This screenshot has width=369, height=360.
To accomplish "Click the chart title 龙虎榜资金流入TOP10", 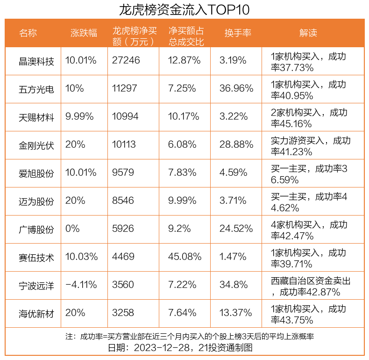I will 184,9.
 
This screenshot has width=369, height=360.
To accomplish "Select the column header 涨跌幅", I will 84,33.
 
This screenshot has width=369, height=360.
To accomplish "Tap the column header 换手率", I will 238,33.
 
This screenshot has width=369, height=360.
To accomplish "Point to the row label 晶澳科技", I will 36,61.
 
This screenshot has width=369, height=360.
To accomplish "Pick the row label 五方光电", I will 36,89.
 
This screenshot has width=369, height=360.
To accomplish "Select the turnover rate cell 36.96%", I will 236,89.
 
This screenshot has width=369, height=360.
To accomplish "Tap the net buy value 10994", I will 125,117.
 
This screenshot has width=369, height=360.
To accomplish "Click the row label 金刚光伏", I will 36,145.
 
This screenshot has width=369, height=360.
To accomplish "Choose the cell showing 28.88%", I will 236,145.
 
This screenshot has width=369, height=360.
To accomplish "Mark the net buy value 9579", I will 123,173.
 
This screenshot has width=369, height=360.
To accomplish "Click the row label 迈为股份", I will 36,201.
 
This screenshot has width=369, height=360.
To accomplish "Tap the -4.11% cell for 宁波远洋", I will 81,285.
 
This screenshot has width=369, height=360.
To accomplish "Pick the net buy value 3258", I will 123,313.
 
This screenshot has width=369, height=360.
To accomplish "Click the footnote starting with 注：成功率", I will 184,337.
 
